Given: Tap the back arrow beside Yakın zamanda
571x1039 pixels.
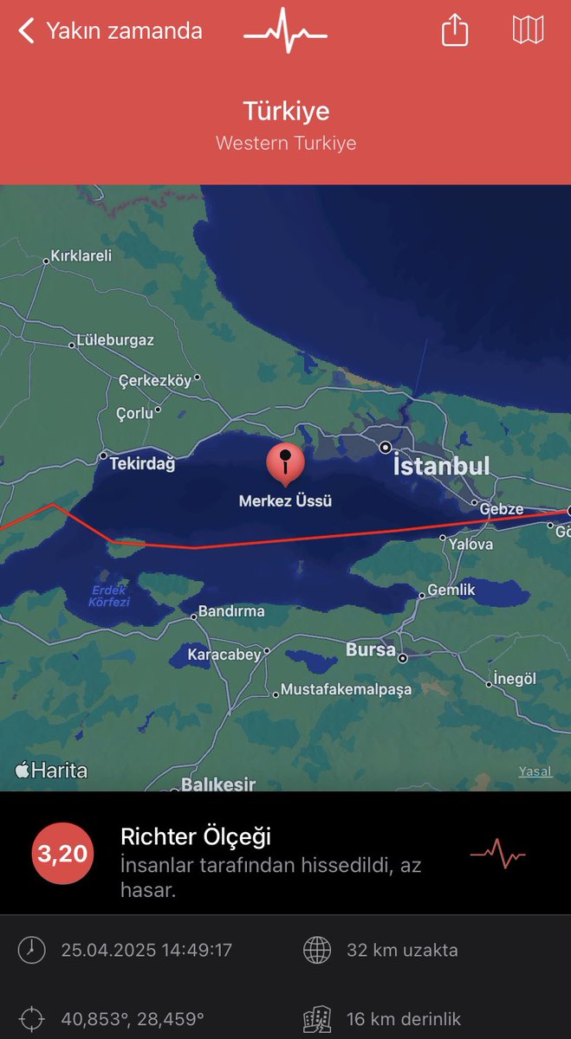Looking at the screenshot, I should tap(27, 32).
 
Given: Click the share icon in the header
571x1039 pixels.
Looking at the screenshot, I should tap(455, 31).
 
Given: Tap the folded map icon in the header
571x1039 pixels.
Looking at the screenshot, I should tap(528, 30).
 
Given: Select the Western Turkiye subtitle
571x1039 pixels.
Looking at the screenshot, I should tap(286, 143).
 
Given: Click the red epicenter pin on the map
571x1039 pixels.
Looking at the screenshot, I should tap(285, 463).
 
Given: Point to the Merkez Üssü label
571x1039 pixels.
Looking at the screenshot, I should tap(286, 500).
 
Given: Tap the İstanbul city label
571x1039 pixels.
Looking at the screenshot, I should tap(441, 467).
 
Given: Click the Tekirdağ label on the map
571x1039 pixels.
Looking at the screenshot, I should tap(142, 464).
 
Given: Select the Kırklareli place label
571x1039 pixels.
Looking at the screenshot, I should tap(81, 256).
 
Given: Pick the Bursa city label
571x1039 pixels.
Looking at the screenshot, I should tap(370, 649).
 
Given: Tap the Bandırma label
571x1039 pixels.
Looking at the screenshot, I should tap(231, 611).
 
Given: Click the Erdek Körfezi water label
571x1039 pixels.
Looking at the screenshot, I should tap(110, 596).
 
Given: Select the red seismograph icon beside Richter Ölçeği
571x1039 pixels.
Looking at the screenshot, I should tap(497, 855).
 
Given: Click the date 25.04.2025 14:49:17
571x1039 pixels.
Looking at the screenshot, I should tap(146, 950).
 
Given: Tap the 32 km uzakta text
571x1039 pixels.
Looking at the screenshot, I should tap(402, 950).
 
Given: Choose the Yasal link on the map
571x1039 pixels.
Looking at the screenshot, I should tap(535, 771).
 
